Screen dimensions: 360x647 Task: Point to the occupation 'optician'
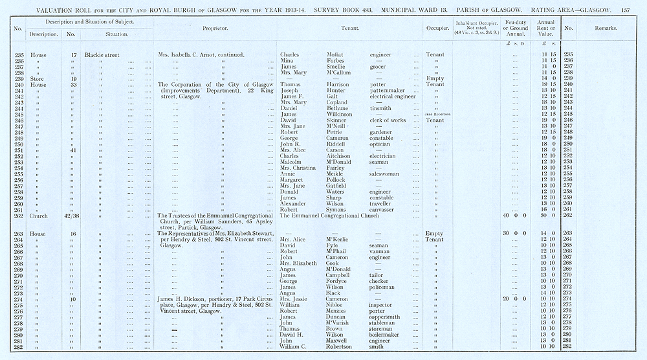pyautogui.click(x=380, y=144)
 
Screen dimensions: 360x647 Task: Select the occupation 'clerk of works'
pyautogui.click(x=388, y=120)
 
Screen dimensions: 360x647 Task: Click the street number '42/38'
pyautogui.click(x=71, y=216)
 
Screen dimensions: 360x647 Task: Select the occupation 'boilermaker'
pyautogui.click(x=388, y=335)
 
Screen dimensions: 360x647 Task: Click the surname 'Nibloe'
pyautogui.click(x=337, y=305)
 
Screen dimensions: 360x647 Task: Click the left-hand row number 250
pyautogui.click(x=18, y=144)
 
